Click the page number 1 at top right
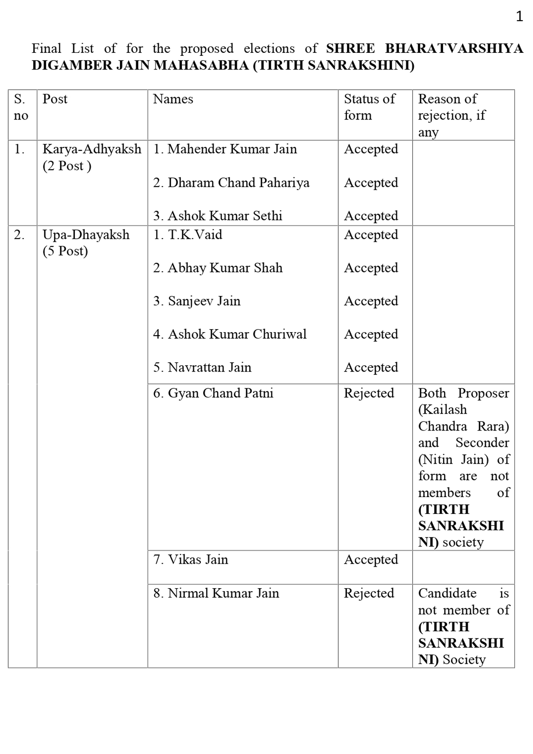tap(519, 16)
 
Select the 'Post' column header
tap(55, 99)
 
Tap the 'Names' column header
tap(173, 99)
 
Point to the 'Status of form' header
tap(369, 107)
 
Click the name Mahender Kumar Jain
tap(232, 149)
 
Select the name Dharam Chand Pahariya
tap(238, 183)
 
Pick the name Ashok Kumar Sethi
tap(224, 216)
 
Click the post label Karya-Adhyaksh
tap(92, 149)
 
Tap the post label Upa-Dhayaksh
tap(86, 235)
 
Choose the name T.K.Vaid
tap(195, 235)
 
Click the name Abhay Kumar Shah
tap(225, 268)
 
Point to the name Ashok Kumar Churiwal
tap(237, 334)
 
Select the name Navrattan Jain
tap(209, 367)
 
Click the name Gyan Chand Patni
tap(220, 393)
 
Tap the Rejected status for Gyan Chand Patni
tap(369, 393)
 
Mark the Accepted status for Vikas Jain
tap(371, 559)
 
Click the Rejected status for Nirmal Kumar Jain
tap(369, 593)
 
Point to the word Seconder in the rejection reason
tap(482, 443)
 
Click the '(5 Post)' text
tap(65, 251)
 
